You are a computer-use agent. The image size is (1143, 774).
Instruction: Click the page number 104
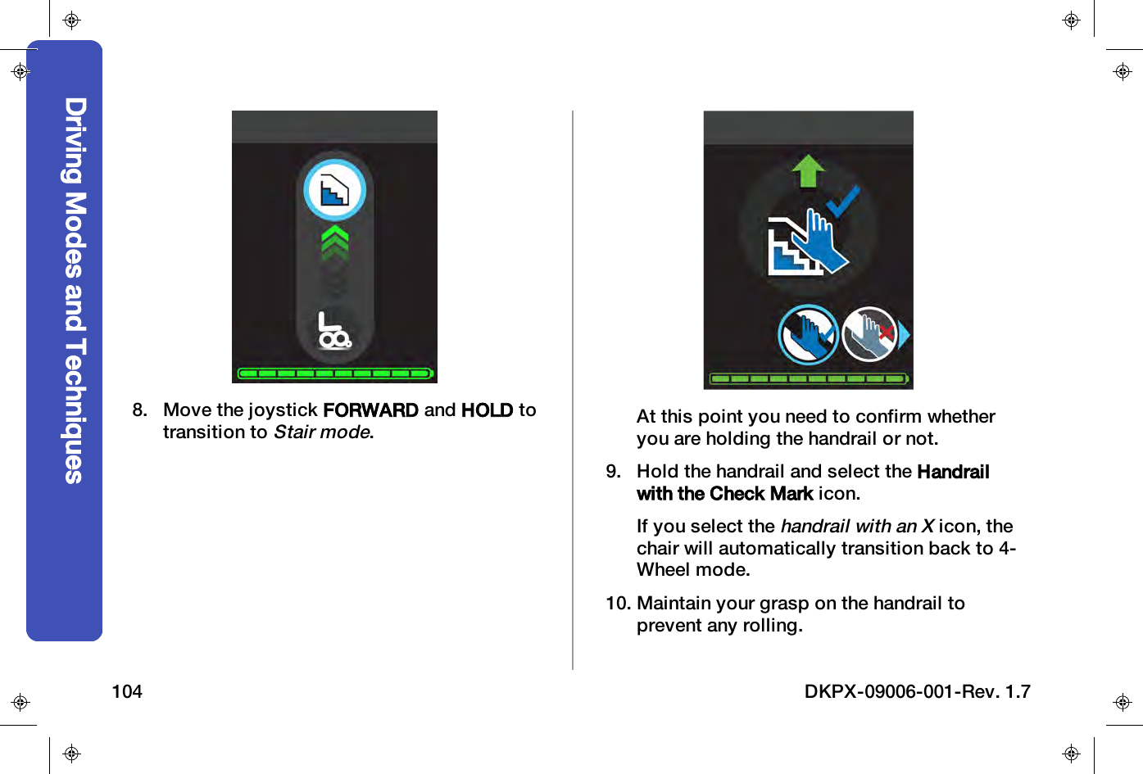pyautogui.click(x=127, y=692)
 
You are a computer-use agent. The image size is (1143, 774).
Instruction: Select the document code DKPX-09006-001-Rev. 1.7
pyautogui.click(x=917, y=692)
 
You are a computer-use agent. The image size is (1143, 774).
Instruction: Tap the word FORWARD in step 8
pyautogui.click(x=370, y=410)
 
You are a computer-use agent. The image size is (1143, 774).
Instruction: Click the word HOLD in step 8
pyautogui.click(x=487, y=410)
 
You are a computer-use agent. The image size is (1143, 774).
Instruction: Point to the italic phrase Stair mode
pyautogui.click(x=322, y=432)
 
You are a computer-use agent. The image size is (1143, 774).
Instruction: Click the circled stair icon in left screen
pyautogui.click(x=334, y=191)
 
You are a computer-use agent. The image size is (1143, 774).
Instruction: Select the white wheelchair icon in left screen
pyautogui.click(x=334, y=331)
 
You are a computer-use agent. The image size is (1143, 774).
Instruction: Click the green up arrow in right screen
pyautogui.click(x=809, y=171)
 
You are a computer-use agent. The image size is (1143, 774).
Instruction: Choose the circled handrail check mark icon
pyautogui.click(x=808, y=334)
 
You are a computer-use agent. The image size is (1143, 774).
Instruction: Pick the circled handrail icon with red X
pyautogui.click(x=870, y=334)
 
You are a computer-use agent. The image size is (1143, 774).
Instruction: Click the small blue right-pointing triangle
pyautogui.click(x=905, y=334)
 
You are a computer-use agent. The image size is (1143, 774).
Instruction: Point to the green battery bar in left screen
pyautogui.click(x=334, y=373)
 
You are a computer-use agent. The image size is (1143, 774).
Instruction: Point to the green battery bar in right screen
pyautogui.click(x=809, y=379)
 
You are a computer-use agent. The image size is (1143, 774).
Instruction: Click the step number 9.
pyautogui.click(x=613, y=472)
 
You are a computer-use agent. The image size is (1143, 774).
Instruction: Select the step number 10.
pyautogui.click(x=618, y=604)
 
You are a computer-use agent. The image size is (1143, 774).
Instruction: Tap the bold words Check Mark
pyautogui.click(x=762, y=494)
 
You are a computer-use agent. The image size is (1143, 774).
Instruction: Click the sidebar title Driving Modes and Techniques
pyautogui.click(x=75, y=291)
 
